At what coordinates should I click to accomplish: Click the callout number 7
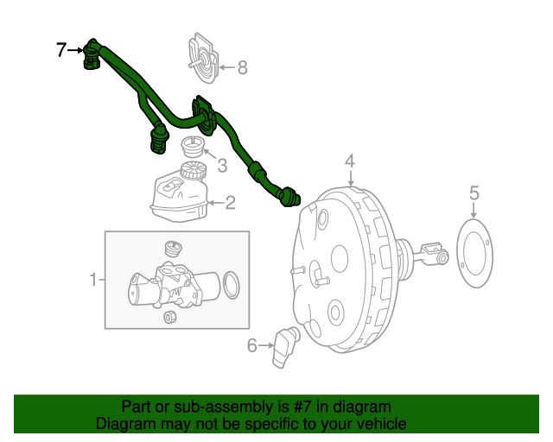[x=61, y=50]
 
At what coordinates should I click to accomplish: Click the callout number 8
[x=242, y=66]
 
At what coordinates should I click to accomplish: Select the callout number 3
[x=222, y=164]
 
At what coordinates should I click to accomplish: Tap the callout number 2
[x=231, y=203]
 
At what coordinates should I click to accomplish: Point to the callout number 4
[x=350, y=161]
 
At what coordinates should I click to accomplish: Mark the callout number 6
[x=252, y=346]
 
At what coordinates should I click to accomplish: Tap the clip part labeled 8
[x=201, y=55]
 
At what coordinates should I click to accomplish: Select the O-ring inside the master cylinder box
[x=231, y=281]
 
